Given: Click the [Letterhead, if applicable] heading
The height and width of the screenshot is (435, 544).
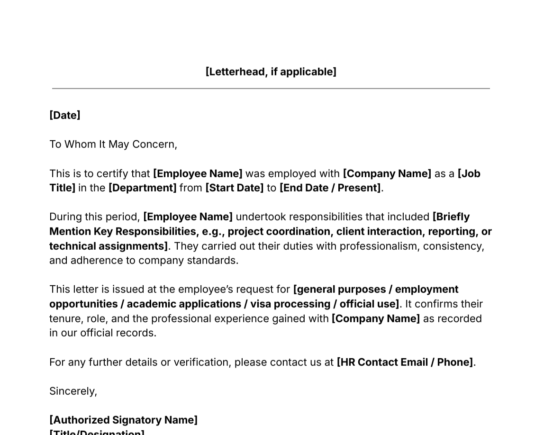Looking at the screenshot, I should click(271, 72).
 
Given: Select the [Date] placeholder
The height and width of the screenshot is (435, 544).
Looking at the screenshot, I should click(65, 115).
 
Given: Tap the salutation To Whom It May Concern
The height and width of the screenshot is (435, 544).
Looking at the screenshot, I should click(113, 144).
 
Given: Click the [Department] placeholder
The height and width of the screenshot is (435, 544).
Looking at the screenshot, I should click(142, 188).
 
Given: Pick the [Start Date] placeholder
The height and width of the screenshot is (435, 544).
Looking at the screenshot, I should click(234, 188).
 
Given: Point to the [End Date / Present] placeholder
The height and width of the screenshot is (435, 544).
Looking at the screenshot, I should click(330, 188).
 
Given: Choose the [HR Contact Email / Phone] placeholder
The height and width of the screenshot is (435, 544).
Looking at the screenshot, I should click(405, 362).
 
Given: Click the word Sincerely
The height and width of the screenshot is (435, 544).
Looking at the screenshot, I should click(73, 391).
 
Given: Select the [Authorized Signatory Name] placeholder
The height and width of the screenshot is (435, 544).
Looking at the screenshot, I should click(123, 420).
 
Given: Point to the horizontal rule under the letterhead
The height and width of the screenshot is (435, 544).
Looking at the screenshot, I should click(271, 88).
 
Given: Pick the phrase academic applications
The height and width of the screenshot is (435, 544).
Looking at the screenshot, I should click(184, 304).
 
